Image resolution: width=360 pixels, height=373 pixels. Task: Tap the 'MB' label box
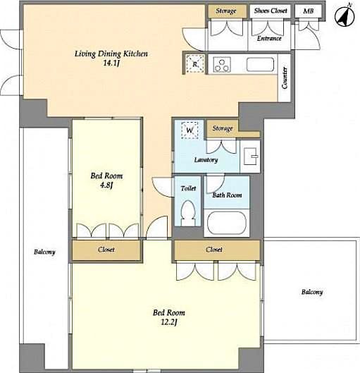pos(307,11)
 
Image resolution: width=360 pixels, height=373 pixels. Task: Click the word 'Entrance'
pos(269,38)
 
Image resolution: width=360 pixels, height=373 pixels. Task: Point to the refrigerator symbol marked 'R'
pos(195,65)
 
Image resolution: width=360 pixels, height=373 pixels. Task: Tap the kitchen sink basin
pos(259,66)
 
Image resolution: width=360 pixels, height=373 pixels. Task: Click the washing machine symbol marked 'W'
pos(190,130)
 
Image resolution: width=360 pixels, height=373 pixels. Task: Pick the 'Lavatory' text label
pos(206,160)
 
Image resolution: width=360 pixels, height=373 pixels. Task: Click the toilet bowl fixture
pos(187,212)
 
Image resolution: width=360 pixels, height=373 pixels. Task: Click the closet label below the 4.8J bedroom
pos(106,250)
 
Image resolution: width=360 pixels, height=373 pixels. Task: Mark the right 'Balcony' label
pos(311,292)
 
